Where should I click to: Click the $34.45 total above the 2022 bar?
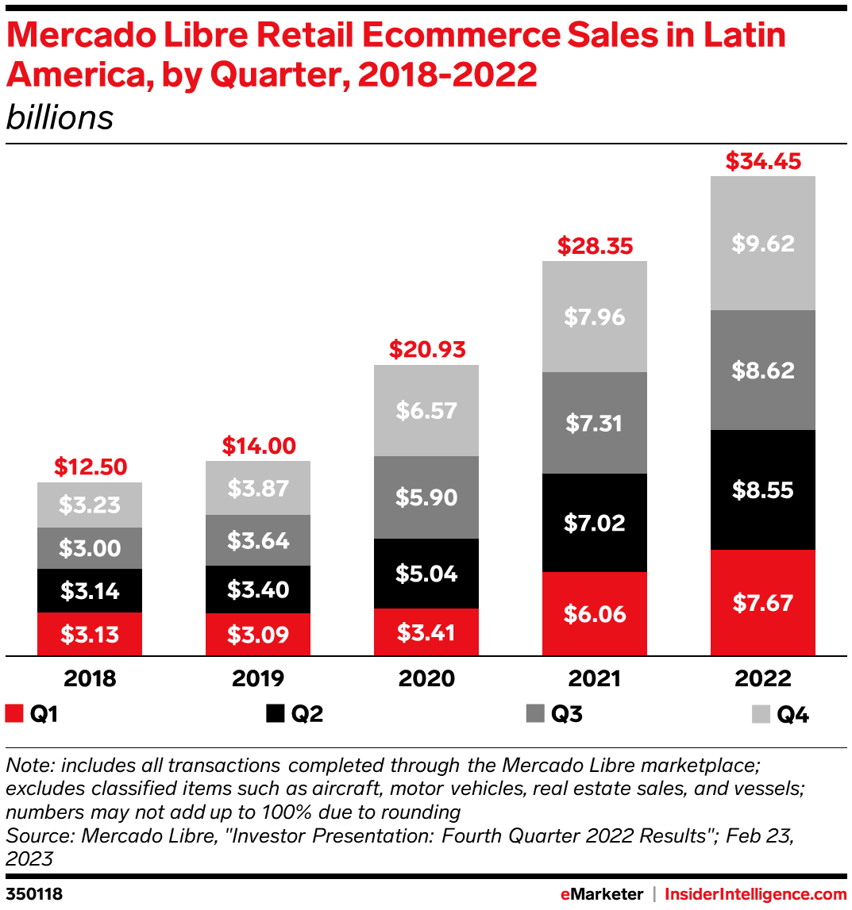coord(763,162)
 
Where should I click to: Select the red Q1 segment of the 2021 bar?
coord(595,613)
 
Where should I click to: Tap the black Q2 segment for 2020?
coord(426,573)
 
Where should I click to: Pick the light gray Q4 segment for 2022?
coord(763,243)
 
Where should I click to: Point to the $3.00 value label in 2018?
coord(90,548)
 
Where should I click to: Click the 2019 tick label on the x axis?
coord(258,679)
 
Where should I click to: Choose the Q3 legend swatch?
coord(535,714)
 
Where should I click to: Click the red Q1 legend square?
coord(13,714)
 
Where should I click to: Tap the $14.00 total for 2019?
coord(258,446)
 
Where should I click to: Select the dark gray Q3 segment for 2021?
coord(595,423)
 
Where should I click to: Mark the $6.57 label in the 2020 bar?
coord(426,410)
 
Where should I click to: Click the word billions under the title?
coord(60,118)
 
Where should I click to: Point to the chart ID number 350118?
coord(34,894)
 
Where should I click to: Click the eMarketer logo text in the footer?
coord(601,894)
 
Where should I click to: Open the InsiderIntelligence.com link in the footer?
coord(755,894)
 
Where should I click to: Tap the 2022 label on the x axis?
coord(763,679)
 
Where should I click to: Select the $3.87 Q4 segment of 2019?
coord(258,488)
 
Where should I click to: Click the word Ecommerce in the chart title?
coord(456,36)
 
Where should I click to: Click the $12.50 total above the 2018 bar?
coord(90,467)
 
